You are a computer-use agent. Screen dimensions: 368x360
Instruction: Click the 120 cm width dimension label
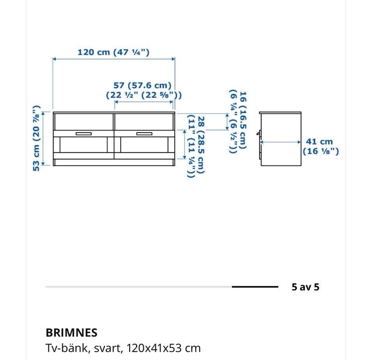(x=113, y=52)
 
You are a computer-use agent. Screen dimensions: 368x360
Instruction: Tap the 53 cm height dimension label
(x=37, y=138)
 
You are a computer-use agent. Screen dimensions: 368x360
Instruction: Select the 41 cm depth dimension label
(x=320, y=146)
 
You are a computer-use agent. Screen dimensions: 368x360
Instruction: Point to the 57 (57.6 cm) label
(x=143, y=90)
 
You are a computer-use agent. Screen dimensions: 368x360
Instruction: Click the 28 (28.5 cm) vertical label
(x=196, y=146)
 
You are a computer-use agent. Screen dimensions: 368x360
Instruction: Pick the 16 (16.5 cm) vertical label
(x=238, y=121)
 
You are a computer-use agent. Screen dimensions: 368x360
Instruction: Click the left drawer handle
(x=84, y=134)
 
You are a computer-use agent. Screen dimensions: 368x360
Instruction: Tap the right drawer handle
(x=144, y=134)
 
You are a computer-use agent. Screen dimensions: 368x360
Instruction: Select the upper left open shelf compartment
(x=84, y=122)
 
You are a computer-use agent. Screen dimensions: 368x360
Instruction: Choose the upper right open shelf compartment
(x=144, y=122)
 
